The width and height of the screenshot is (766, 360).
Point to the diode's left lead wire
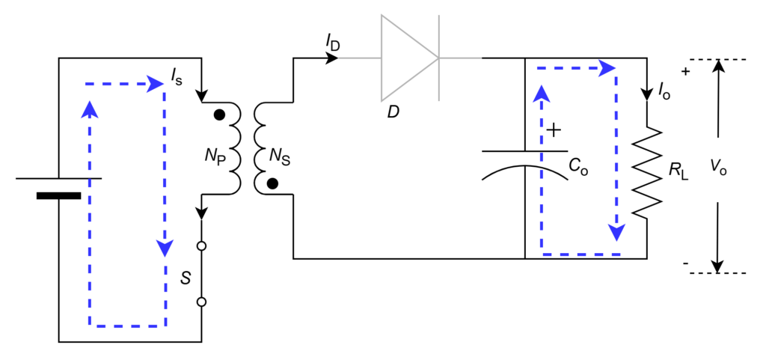(359, 58)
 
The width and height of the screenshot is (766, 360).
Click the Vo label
(717, 168)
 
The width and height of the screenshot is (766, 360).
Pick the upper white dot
(201, 245)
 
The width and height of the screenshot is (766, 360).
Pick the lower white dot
(201, 302)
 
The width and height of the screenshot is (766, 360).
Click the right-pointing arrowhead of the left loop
(156, 83)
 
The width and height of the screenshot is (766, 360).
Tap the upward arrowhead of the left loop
(90, 109)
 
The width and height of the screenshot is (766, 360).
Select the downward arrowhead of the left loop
(165, 248)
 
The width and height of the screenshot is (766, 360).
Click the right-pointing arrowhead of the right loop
(607, 68)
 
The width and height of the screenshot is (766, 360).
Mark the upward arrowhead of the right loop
(542, 93)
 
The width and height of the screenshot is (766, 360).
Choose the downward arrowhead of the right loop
(616, 233)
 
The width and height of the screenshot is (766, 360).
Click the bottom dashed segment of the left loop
(127, 326)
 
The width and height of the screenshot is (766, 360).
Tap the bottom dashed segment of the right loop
(580, 254)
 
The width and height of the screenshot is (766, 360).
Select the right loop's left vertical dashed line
(542, 180)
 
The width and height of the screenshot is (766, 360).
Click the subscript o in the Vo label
(723, 171)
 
